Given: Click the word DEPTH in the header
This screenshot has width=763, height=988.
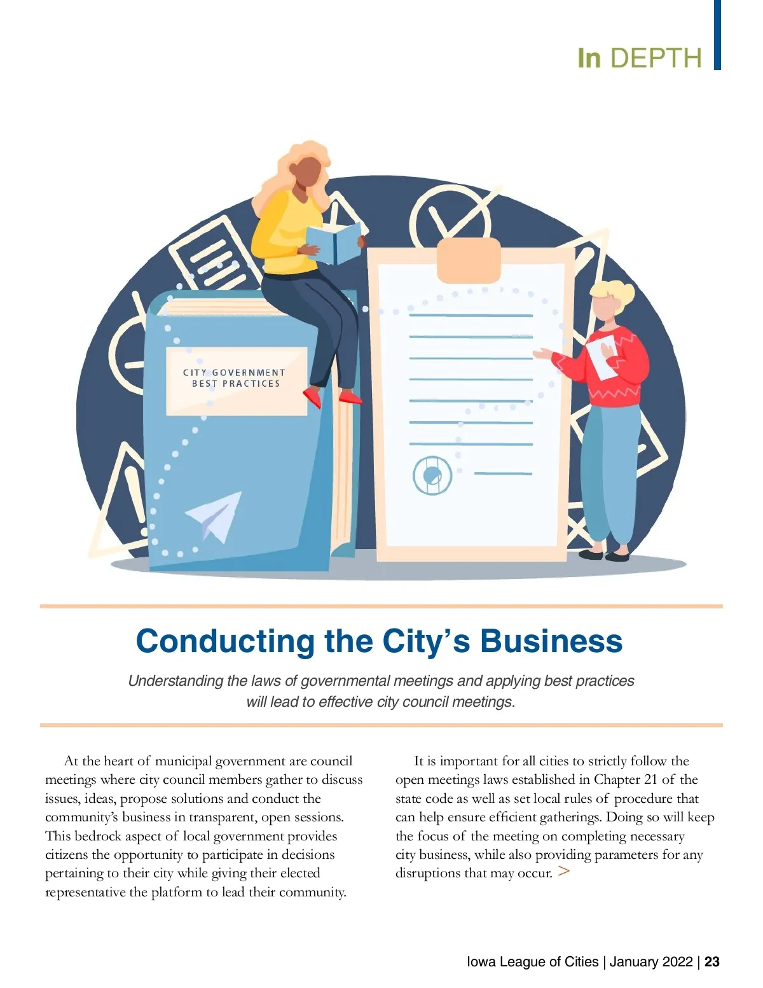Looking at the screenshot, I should point(656,58).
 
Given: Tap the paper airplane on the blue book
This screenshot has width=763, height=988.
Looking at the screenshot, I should point(216,516).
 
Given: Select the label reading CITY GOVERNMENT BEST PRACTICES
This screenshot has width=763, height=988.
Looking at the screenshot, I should point(236,379).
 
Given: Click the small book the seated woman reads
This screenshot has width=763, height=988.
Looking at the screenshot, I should point(333,244).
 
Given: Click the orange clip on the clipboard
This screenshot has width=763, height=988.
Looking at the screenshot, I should point(469,260).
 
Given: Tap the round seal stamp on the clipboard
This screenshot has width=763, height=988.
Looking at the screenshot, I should point(432,475).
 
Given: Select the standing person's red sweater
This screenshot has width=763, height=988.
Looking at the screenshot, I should point(610,369).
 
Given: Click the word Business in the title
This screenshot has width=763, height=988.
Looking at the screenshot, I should point(551,641).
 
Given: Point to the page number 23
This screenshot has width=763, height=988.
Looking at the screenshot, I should point(712,961).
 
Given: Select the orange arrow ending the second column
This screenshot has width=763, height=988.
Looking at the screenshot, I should point(563,872).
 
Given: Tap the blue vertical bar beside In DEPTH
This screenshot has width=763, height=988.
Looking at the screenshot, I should point(717,34).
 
